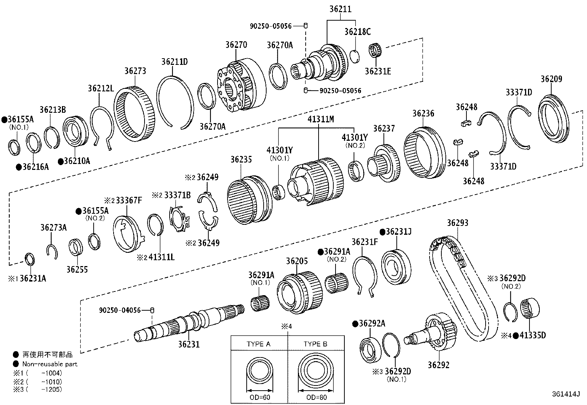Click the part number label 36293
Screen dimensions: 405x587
(458, 223)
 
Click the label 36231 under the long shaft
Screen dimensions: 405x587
(189, 344)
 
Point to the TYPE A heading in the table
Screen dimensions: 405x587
(258, 344)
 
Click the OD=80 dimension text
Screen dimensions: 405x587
(316, 397)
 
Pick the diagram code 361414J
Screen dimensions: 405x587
(566, 394)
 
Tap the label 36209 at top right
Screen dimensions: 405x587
(551, 79)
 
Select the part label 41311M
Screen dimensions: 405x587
(321, 119)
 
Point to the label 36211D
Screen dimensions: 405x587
(174, 62)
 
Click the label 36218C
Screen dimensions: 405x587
(357, 32)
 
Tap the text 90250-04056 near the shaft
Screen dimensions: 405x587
(120, 310)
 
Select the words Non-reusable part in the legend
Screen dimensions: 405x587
(50, 364)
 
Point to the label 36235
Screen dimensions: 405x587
(241, 159)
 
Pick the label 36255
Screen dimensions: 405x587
(77, 269)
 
